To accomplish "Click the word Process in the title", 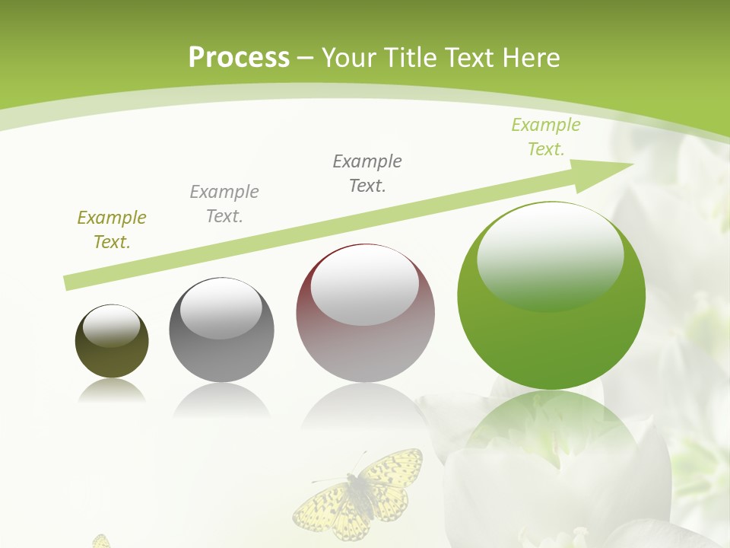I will tap(239, 58).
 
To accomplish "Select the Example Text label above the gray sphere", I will tap(224, 204).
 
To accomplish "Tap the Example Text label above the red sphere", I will tap(367, 173).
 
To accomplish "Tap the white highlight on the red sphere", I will tap(365, 285).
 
